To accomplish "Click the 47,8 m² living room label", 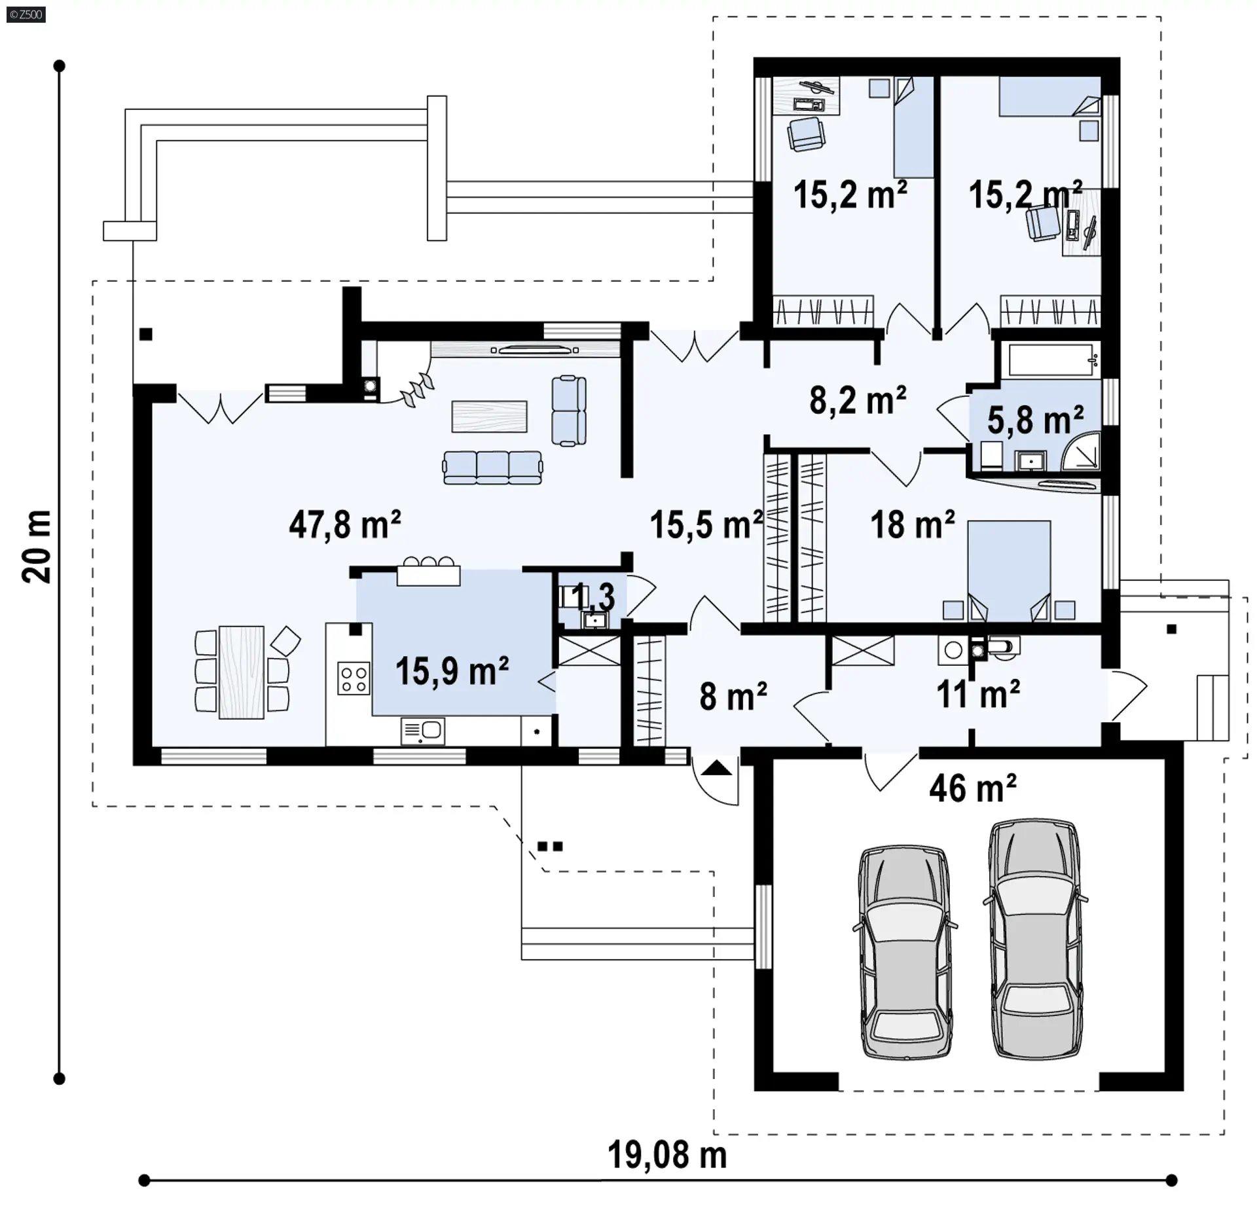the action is [345, 524].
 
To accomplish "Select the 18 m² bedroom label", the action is [912, 524].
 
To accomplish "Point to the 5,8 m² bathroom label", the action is [1035, 420].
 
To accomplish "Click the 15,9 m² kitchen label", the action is [452, 670].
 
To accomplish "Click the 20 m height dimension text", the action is [37, 547].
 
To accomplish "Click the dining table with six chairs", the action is [242, 672].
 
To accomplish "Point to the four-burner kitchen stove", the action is [354, 678].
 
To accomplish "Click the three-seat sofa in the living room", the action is [492, 467].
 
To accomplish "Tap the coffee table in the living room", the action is [489, 416].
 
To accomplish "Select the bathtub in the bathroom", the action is [1053, 359].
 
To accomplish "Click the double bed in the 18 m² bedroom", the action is [1009, 571].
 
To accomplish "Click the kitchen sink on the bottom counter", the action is [422, 730].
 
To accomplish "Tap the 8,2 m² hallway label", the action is [858, 400].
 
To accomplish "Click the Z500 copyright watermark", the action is [26, 14].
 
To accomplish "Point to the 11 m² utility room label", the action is [978, 694].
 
